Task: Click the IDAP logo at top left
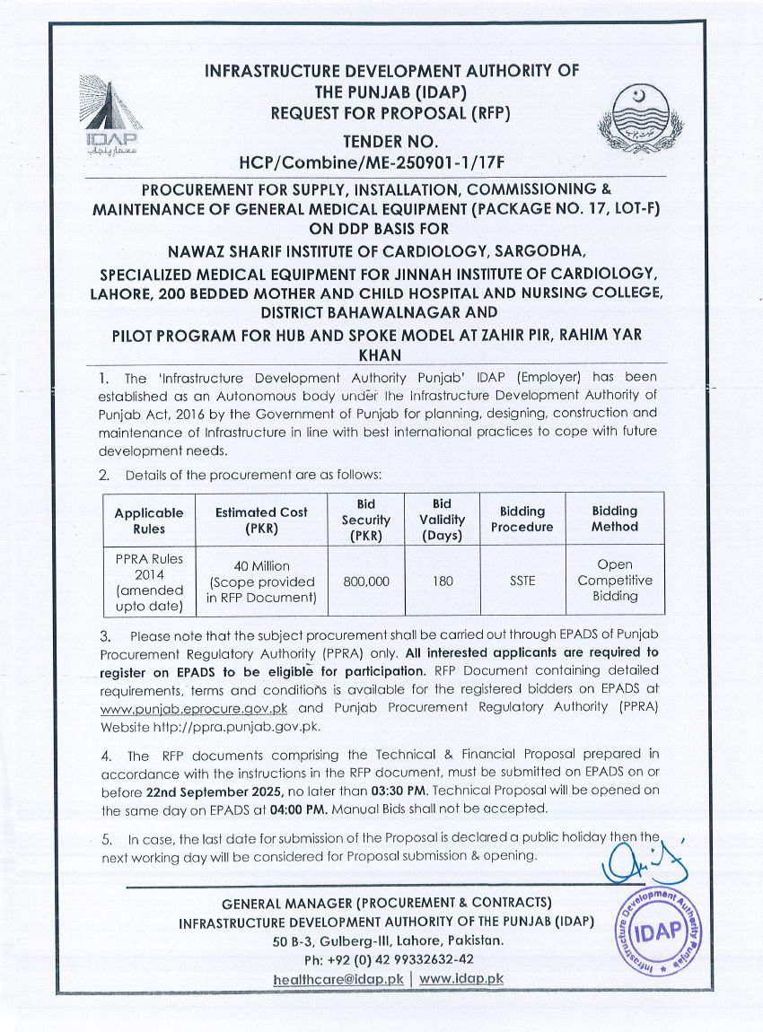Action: pyautogui.click(x=110, y=114)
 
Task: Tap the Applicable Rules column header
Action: pyautogui.click(x=148, y=520)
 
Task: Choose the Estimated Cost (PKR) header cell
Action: pyautogui.click(x=261, y=520)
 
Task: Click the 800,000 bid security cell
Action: pyautogui.click(x=366, y=581)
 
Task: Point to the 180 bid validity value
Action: pyautogui.click(x=442, y=581)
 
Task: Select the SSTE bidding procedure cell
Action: pyautogui.click(x=522, y=581)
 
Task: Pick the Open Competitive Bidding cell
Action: pyautogui.click(x=615, y=581)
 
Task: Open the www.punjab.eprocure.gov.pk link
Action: pyautogui.click(x=174, y=708)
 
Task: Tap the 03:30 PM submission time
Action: pyautogui.click(x=395, y=792)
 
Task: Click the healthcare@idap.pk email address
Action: pyautogui.click(x=338, y=979)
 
